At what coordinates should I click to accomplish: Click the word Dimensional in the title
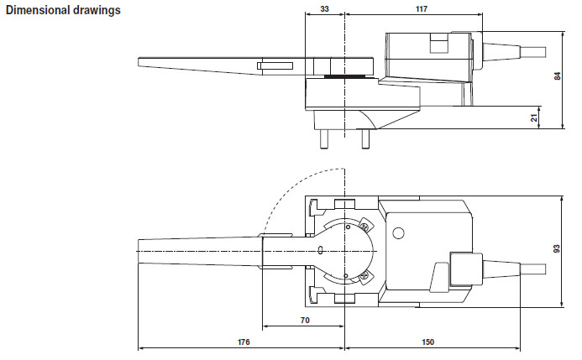[33, 10]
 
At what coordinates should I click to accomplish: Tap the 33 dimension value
[325, 9]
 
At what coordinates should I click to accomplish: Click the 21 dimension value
[535, 118]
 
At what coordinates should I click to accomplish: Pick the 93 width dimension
[558, 248]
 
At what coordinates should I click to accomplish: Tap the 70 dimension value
[304, 320]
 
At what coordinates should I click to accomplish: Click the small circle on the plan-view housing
[398, 233]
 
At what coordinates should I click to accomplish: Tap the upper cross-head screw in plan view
[364, 225]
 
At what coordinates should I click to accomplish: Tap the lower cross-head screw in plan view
[364, 279]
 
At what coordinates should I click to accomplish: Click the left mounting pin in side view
[323, 138]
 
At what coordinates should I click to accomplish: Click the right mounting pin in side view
[365, 137]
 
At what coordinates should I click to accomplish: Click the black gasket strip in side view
[345, 76]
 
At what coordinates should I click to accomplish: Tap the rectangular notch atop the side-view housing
[438, 42]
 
